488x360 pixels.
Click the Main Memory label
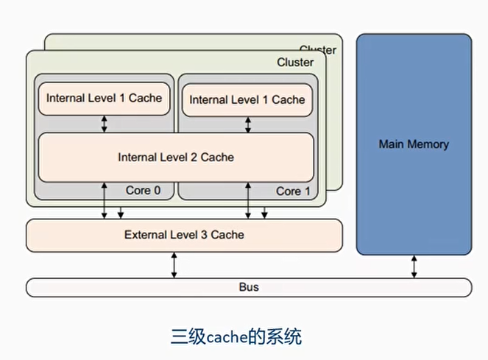pyautogui.click(x=413, y=144)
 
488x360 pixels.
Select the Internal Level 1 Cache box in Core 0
pyautogui.click(x=104, y=99)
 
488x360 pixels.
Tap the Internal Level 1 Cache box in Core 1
pyautogui.click(x=247, y=99)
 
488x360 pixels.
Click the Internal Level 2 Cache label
pyautogui.click(x=176, y=157)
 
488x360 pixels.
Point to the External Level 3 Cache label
pyautogui.click(x=184, y=235)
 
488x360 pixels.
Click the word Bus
pyautogui.click(x=249, y=287)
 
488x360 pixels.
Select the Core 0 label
pyautogui.click(x=143, y=191)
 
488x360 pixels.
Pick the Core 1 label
pyautogui.click(x=289, y=191)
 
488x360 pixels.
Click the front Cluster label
pyautogui.click(x=295, y=63)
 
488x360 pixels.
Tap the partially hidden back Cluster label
pyautogui.click(x=318, y=49)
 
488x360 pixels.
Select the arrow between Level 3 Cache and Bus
pyautogui.click(x=174, y=264)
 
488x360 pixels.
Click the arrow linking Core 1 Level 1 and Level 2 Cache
pyautogui.click(x=247, y=124)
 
